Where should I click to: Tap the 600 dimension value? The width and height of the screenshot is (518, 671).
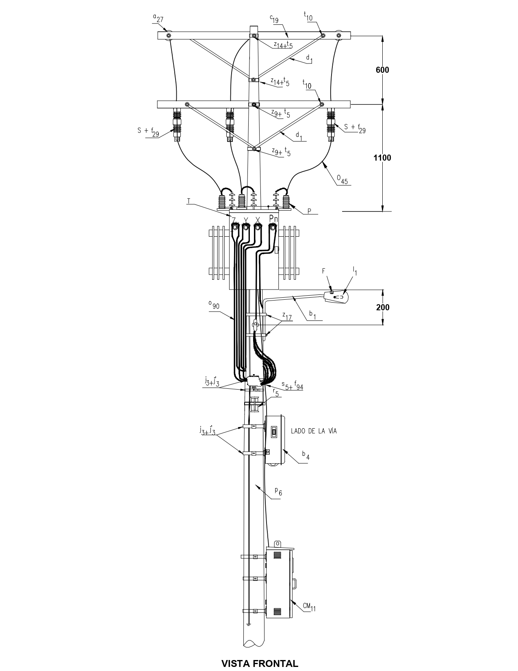[382, 70]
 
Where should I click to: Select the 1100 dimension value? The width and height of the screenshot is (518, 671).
[382, 158]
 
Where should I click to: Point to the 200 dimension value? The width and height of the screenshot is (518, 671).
[383, 307]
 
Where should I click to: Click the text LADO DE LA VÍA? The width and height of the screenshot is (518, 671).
[314, 431]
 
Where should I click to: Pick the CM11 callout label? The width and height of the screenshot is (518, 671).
[309, 607]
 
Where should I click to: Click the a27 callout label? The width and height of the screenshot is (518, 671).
[158, 18]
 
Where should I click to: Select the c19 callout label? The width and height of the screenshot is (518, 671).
[274, 20]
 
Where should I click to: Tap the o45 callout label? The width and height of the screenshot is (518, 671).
[342, 179]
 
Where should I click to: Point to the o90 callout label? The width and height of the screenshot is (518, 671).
[214, 305]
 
